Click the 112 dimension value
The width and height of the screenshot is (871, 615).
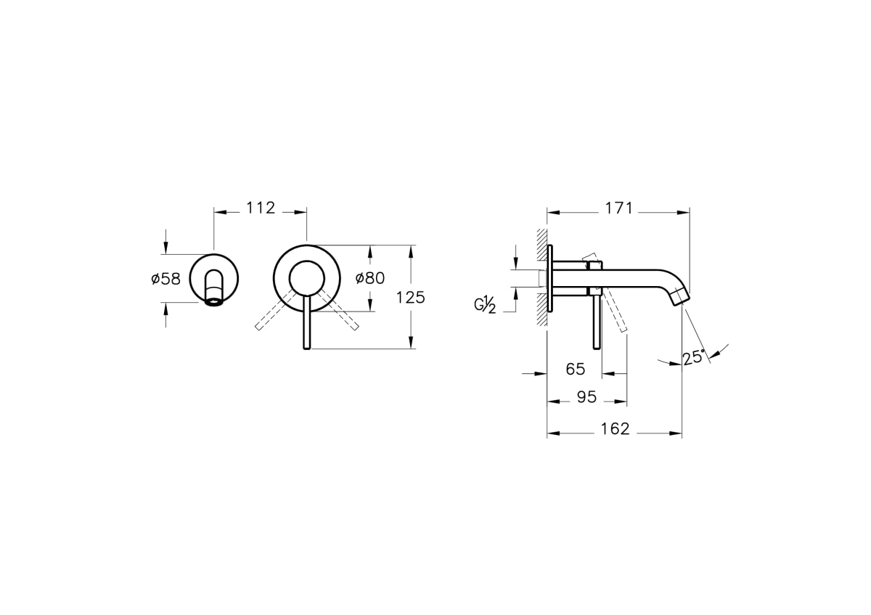click(261, 208)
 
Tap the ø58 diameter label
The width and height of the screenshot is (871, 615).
click(166, 279)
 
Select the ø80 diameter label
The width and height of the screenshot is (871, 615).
click(369, 278)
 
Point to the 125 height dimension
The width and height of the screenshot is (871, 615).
click(410, 298)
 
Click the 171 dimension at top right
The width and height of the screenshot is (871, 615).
click(619, 208)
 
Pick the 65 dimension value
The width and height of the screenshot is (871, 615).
click(576, 369)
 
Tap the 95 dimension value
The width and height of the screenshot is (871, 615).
click(586, 396)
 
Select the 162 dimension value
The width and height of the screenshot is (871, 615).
click(616, 428)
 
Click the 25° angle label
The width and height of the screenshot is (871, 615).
click(694, 357)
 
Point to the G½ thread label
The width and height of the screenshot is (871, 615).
click(485, 304)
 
